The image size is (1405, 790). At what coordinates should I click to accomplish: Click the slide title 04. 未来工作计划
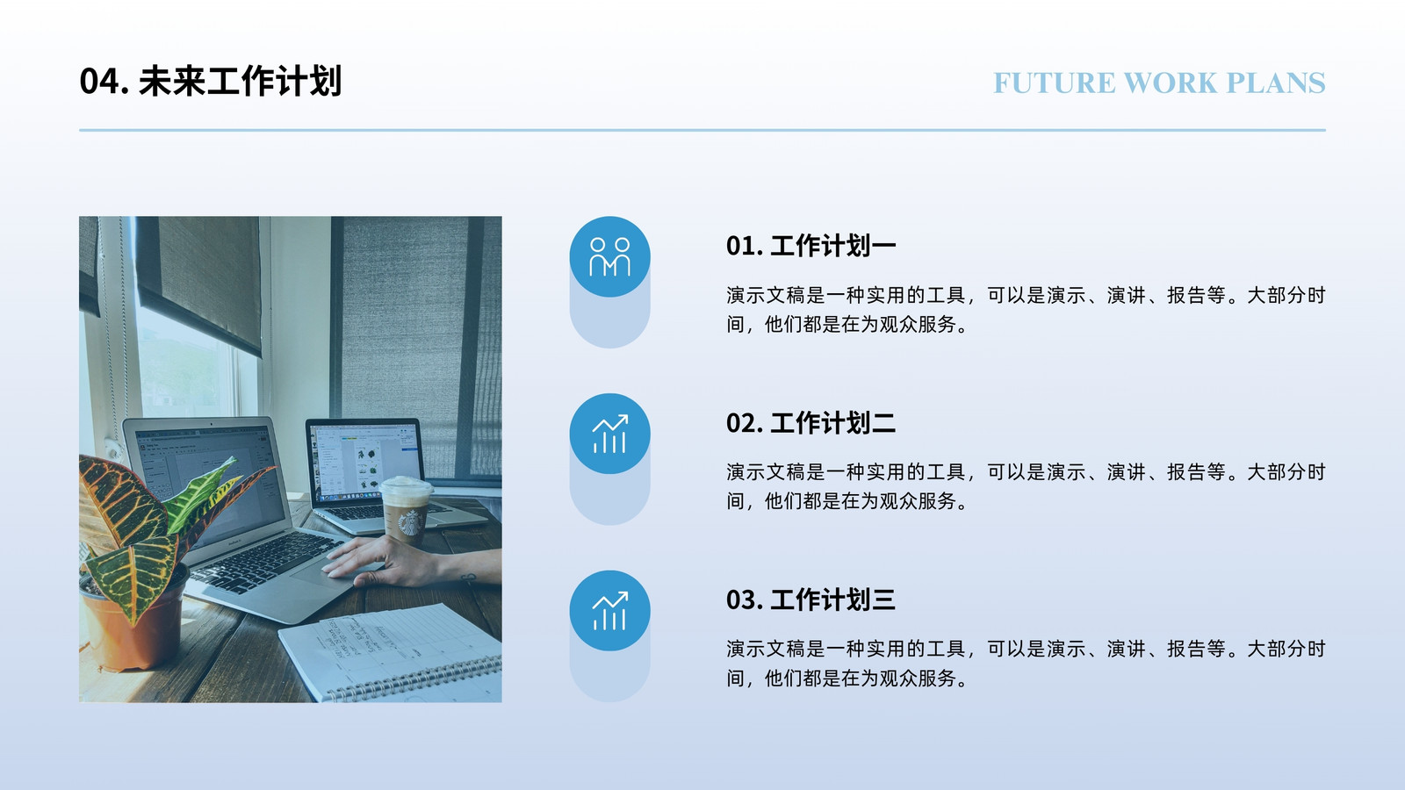210,82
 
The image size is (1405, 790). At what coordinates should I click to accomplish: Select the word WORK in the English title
1171,83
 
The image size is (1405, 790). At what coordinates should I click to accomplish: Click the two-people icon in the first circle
609,256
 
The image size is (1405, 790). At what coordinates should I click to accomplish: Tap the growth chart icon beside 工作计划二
609,434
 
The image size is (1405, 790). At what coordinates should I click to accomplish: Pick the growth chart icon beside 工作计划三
609,610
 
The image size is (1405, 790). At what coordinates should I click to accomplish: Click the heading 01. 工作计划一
811,246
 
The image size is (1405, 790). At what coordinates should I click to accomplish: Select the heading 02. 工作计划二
811,422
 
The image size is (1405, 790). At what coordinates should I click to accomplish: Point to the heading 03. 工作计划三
811,600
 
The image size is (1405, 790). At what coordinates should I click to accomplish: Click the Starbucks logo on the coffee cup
409,522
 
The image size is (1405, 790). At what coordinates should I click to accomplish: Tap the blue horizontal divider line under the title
702,131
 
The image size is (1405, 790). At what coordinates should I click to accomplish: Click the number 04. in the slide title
104,82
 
